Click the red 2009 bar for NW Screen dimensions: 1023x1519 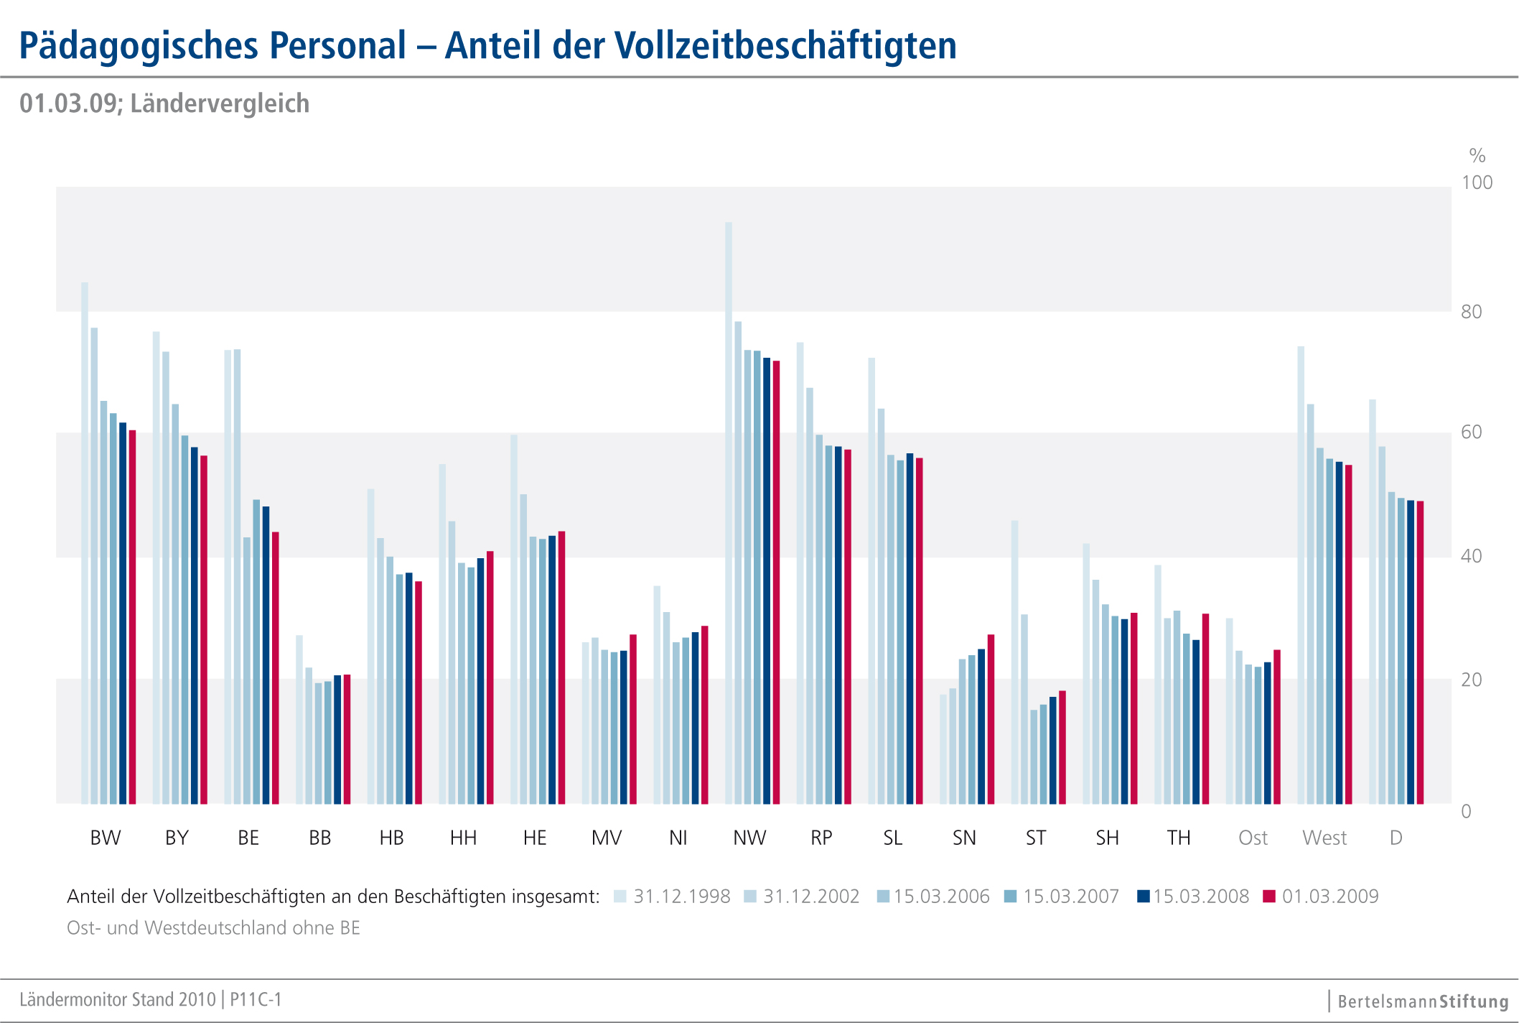[776, 582]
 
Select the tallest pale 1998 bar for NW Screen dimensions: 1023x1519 [729, 513]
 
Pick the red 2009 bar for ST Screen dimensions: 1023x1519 [1062, 747]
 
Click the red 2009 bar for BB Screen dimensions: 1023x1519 [347, 739]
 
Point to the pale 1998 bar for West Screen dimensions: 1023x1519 [1301, 575]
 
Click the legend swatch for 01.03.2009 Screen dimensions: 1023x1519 [1269, 897]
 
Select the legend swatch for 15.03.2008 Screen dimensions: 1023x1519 [1144, 897]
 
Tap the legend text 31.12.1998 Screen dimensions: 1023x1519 [681, 897]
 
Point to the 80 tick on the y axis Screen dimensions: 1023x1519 [1471, 312]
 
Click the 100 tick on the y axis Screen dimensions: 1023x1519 [1477, 182]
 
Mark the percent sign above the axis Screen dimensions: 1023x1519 [1477, 155]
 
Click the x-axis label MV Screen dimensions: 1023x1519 [607, 838]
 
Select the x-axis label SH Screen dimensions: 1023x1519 [1107, 838]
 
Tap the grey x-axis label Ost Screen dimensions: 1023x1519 [1253, 838]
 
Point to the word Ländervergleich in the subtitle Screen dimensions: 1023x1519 [220, 103]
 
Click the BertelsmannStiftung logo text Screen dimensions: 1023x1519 [1423, 1001]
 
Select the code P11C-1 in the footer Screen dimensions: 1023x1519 [256, 999]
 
